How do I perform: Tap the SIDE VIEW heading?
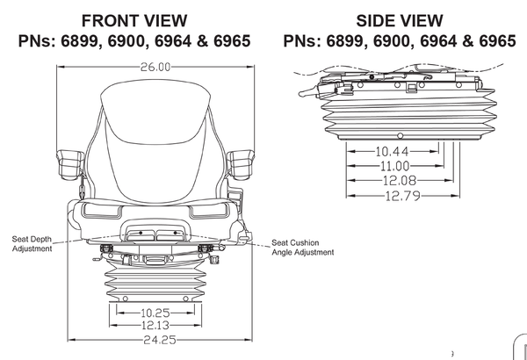click(x=399, y=20)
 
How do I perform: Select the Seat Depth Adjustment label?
click(x=32, y=243)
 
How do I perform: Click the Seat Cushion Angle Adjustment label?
click(x=302, y=248)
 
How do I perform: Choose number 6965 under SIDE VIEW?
click(x=496, y=41)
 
